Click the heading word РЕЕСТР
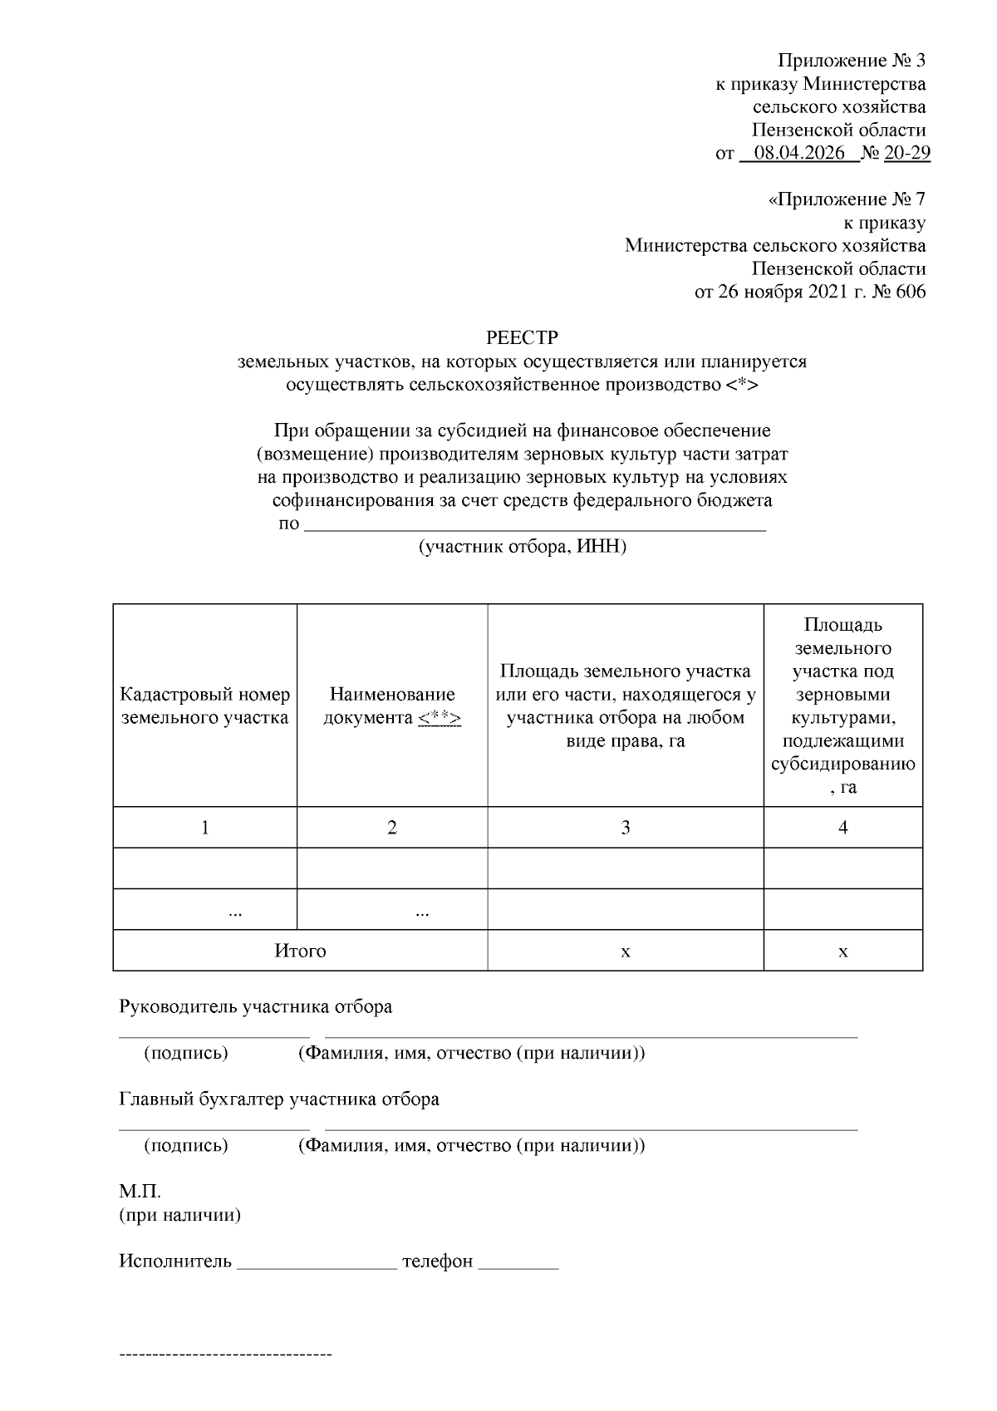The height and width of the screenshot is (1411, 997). [x=522, y=338]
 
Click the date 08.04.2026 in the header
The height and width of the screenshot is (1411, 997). [x=799, y=153]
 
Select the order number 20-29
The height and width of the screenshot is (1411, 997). [x=907, y=153]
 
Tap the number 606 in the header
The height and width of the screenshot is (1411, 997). [x=911, y=292]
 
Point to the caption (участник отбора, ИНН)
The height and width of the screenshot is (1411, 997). [x=522, y=547]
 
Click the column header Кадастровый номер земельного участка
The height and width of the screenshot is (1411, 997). [x=205, y=705]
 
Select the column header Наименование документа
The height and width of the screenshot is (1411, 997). [x=392, y=705]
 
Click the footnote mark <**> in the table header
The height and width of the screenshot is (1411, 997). [x=440, y=718]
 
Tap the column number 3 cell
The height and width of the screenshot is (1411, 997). [x=625, y=827]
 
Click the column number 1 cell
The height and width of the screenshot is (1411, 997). [x=205, y=827]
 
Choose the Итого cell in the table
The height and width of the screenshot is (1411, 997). [x=300, y=951]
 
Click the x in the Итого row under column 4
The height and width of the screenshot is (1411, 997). [x=842, y=951]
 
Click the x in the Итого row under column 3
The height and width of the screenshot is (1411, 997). [x=625, y=951]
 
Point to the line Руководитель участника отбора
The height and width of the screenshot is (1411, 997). [x=255, y=1007]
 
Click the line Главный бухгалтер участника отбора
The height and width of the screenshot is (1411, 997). [x=279, y=1099]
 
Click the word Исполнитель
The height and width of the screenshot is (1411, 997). [x=175, y=1261]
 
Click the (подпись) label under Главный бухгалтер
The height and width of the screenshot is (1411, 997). [x=186, y=1146]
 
